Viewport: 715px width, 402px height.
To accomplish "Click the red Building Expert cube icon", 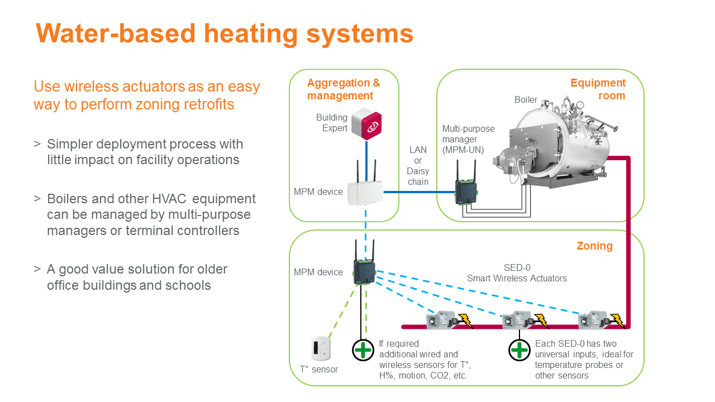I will coord(366,123).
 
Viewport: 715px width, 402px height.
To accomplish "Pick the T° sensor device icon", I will coord(322,348).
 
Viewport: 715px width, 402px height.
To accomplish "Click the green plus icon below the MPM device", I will coord(363,350).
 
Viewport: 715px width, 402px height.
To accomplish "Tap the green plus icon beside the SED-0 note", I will coord(519,350).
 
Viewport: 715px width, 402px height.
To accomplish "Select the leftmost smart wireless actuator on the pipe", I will coord(441,320).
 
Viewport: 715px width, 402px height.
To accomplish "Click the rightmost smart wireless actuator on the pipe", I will coord(593,320).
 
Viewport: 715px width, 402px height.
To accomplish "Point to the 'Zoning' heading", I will coord(594,246).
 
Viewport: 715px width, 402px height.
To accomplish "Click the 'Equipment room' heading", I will coord(598,89).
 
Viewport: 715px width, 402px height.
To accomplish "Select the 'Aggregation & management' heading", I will coord(344,89).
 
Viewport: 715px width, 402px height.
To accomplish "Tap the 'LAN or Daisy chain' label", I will coord(418,166).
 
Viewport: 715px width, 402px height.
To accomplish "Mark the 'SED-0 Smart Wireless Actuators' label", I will coord(517,273).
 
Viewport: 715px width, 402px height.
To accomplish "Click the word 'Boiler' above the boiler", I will coord(526,100).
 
